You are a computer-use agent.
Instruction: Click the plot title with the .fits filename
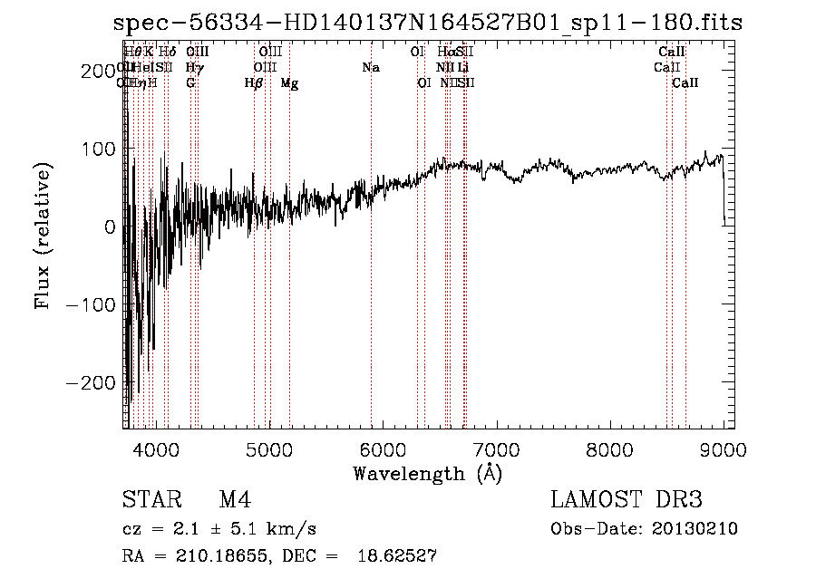point(428,24)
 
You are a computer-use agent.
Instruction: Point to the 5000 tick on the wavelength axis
point(269,448)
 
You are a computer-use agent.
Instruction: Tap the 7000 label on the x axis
point(496,448)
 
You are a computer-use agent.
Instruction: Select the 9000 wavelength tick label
point(723,448)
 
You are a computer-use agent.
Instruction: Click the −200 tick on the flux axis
point(93,383)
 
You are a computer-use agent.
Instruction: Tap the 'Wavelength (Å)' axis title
point(428,473)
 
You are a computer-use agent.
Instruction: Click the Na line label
point(370,68)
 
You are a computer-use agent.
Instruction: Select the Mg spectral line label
point(289,83)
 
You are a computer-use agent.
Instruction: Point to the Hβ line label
point(254,83)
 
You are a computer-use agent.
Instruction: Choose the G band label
point(190,83)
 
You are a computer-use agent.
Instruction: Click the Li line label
point(463,68)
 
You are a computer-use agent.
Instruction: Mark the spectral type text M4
point(235,500)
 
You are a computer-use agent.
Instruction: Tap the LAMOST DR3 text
point(627,500)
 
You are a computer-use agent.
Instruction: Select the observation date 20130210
point(697,529)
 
